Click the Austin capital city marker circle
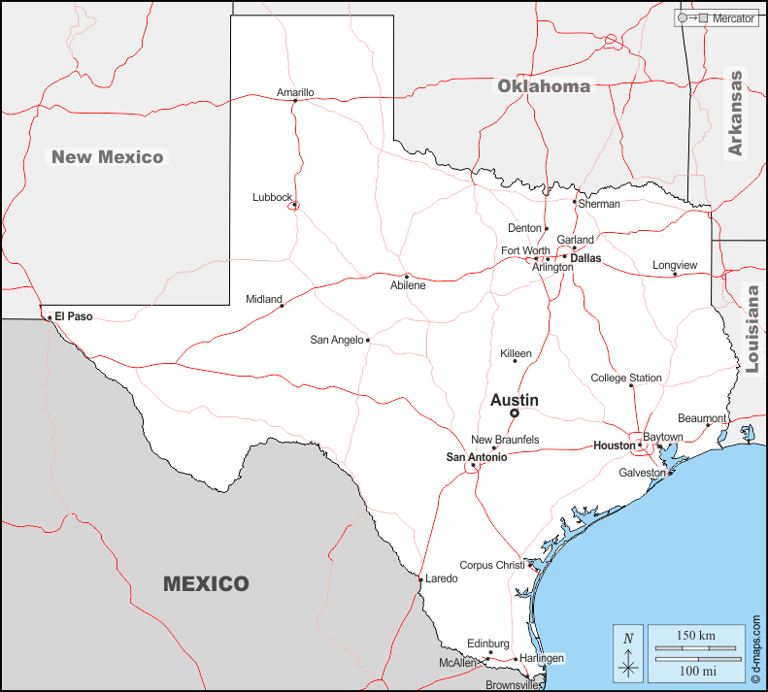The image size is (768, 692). [515, 412]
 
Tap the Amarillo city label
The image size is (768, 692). [295, 93]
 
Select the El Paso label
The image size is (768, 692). [74, 316]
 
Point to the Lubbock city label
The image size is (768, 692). [272, 197]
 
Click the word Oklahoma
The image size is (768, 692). [544, 86]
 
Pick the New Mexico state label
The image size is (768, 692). [108, 156]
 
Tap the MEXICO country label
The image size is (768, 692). [206, 584]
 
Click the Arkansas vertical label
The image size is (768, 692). [735, 114]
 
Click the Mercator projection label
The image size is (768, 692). [733, 18]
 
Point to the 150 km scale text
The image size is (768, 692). [696, 636]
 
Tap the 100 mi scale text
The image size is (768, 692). [696, 671]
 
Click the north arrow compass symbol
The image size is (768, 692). [629, 653]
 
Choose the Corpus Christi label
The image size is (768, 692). [490, 565]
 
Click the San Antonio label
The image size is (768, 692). [477, 457]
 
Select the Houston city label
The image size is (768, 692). [614, 445]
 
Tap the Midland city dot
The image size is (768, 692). [283, 306]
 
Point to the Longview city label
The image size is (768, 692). [675, 265]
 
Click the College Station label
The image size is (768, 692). [626, 379]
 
